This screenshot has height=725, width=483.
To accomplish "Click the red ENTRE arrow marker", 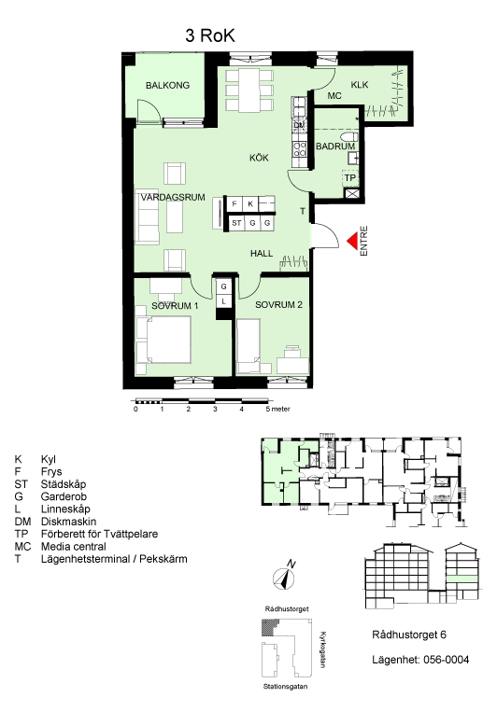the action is pos(352,241).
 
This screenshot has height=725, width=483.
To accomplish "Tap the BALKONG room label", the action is pos(167,85).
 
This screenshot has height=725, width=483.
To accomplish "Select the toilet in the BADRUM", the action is pos(349,137).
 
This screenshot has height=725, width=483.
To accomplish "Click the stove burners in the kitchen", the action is pos(300,148).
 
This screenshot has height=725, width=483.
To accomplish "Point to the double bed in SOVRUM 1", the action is pos(163,340).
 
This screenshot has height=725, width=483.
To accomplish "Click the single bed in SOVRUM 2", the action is pos(249,346).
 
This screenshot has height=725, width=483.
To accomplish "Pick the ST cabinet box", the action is pos(236,223).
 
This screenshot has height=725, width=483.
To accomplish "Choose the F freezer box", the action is pos(234,203).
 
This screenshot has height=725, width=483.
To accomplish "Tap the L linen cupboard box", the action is pos(223,301).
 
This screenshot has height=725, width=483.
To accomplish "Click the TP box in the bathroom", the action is pos(350,177).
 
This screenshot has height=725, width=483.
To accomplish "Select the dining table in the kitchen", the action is pos(249,91).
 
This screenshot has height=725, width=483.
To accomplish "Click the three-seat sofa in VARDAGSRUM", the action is pos(148,216).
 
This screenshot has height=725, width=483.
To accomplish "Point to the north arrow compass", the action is pos(284,577).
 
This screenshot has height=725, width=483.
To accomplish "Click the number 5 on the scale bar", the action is pos(268,410).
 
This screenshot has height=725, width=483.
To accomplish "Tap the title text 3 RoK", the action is pos(210,35).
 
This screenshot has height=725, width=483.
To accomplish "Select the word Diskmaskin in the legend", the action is pos(68,522).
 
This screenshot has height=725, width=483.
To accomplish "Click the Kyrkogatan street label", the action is pos(322,649).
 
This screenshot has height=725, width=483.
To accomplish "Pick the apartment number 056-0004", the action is pos(446,660).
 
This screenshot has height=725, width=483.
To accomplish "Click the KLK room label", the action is pos(360,85).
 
